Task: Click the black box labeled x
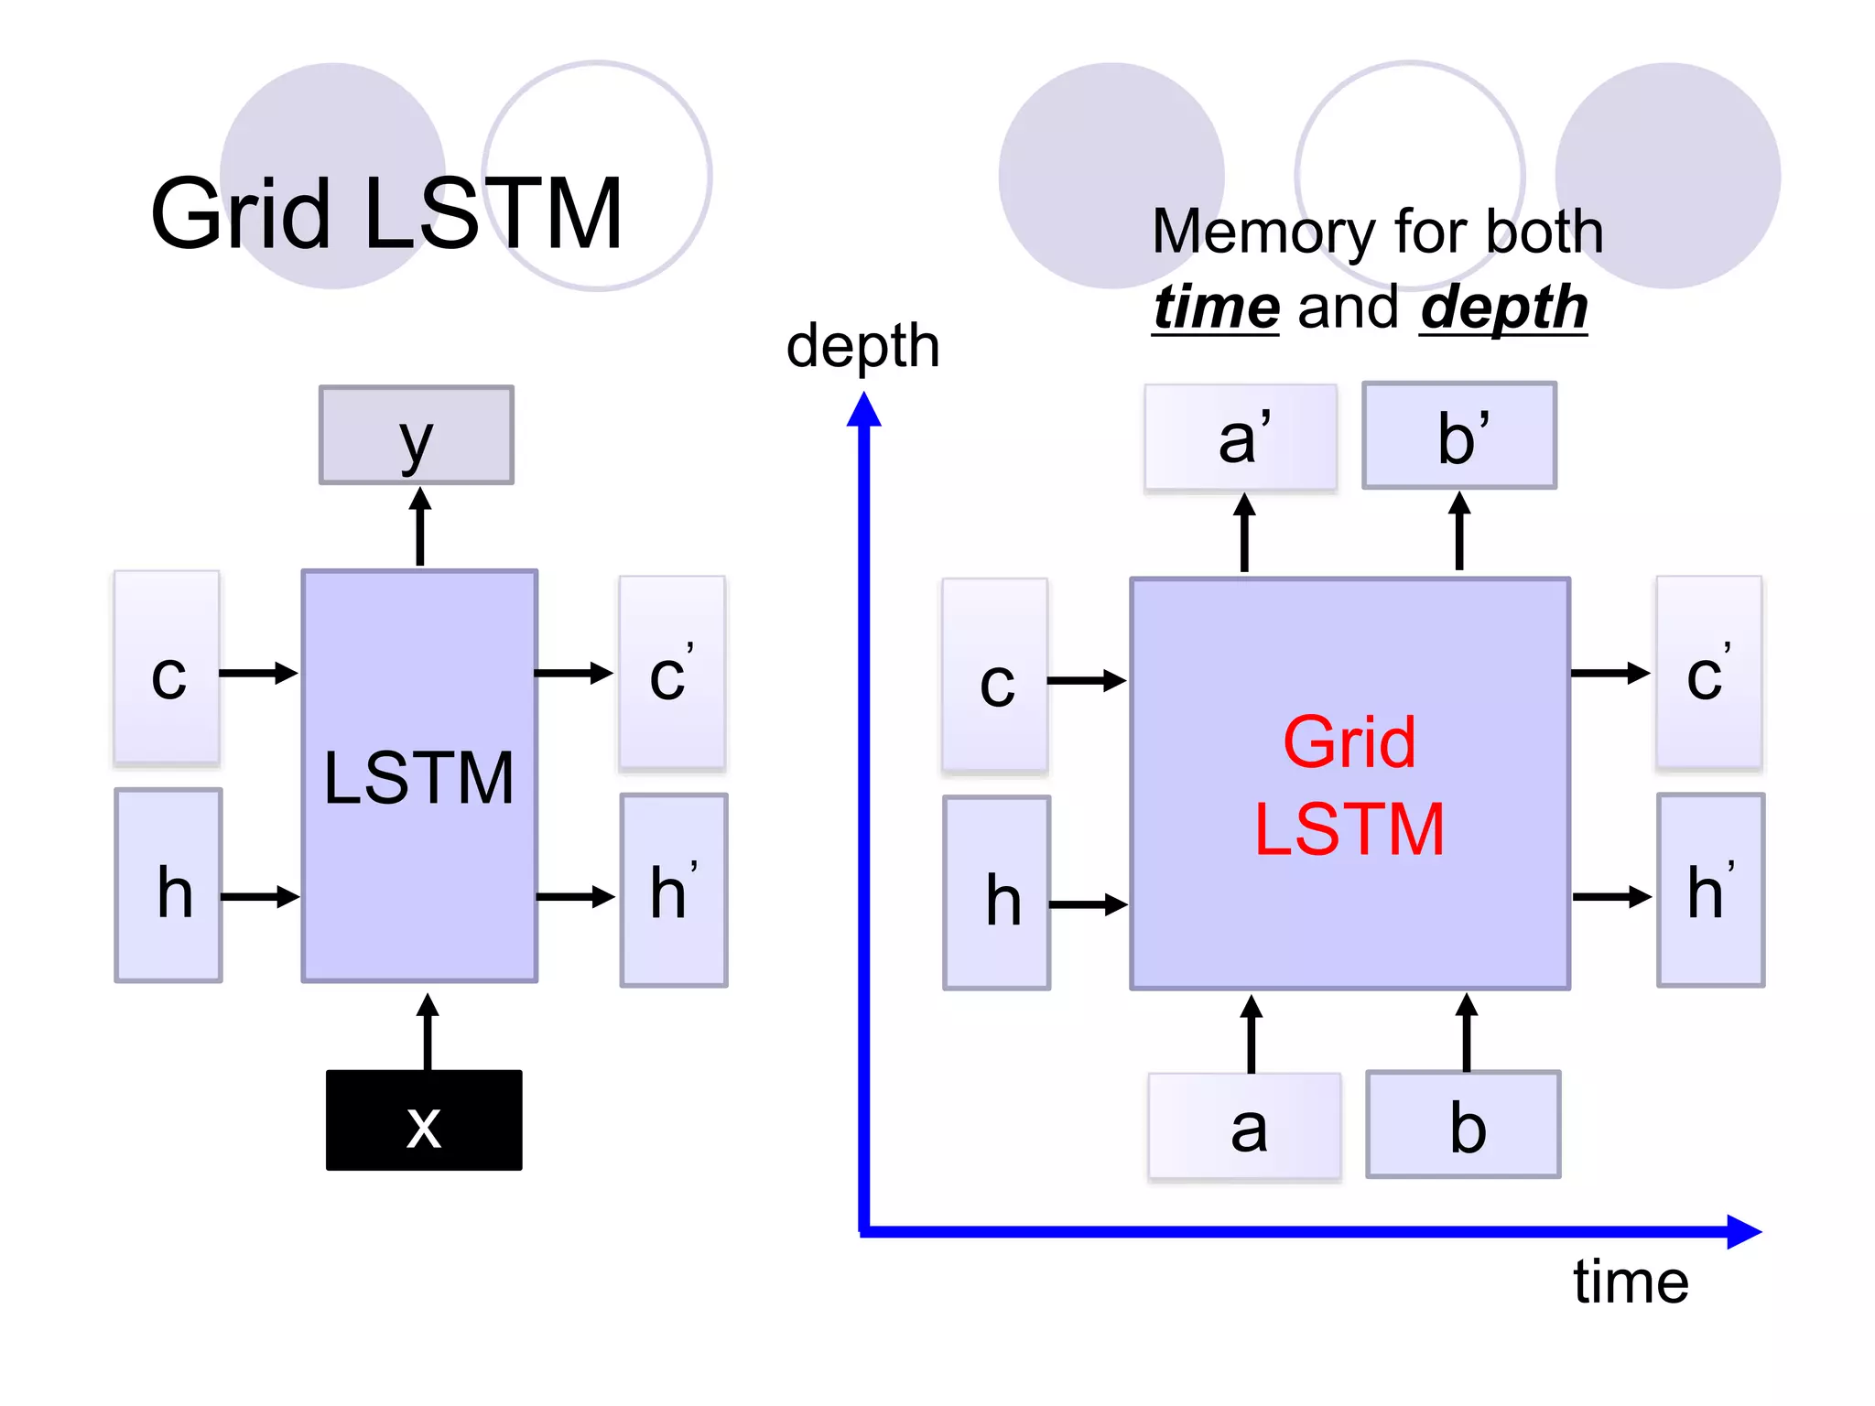(x=424, y=1119)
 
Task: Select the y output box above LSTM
(x=417, y=435)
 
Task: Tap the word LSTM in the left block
(x=419, y=778)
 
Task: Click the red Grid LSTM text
(x=1349, y=785)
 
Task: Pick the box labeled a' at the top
(x=1241, y=438)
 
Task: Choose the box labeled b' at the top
(x=1459, y=436)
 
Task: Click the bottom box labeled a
(x=1245, y=1127)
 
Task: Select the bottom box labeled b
(x=1463, y=1125)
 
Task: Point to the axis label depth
(x=862, y=346)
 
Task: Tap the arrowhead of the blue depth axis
(x=863, y=411)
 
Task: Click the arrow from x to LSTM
(x=428, y=1032)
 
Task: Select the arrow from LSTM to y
(x=420, y=527)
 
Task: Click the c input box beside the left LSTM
(x=168, y=668)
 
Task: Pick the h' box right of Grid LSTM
(x=1710, y=891)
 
